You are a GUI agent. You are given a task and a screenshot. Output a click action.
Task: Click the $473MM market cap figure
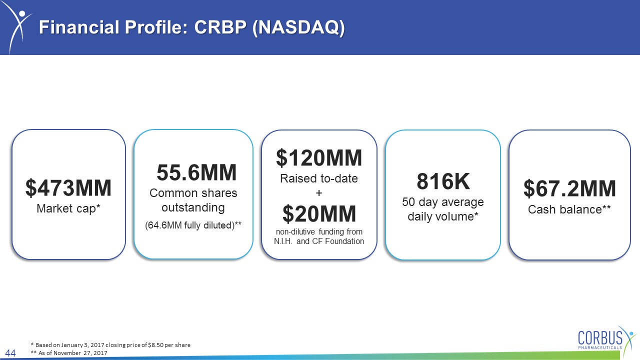click(x=68, y=187)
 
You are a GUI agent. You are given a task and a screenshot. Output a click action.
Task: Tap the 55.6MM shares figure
click(x=196, y=172)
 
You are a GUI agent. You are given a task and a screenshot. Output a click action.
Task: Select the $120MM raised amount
click(x=319, y=157)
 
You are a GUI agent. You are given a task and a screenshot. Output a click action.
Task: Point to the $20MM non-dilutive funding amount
click(x=319, y=213)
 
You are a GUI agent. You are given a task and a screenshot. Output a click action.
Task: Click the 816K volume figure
click(x=443, y=181)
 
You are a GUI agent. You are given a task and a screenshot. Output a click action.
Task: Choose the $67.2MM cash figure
click(x=569, y=188)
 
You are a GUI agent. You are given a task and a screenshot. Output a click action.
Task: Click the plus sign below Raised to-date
click(x=319, y=193)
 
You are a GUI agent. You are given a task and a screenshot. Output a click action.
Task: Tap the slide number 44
click(x=10, y=353)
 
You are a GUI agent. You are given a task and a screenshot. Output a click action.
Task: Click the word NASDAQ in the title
click(x=299, y=27)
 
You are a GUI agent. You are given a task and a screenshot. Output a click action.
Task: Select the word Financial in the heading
click(x=79, y=27)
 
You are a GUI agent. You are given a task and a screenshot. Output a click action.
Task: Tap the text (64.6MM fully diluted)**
click(x=193, y=225)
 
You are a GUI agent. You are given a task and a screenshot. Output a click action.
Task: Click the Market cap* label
click(x=68, y=208)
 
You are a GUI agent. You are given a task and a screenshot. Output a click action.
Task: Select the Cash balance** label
click(x=569, y=209)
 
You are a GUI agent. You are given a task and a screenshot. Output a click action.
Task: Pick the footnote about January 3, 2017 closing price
click(x=110, y=345)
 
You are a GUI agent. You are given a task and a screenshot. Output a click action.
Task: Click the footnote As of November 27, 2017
click(x=69, y=353)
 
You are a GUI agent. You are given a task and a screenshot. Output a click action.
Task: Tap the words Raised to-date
click(x=319, y=178)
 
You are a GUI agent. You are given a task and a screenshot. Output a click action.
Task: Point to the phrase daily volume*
click(x=443, y=216)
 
